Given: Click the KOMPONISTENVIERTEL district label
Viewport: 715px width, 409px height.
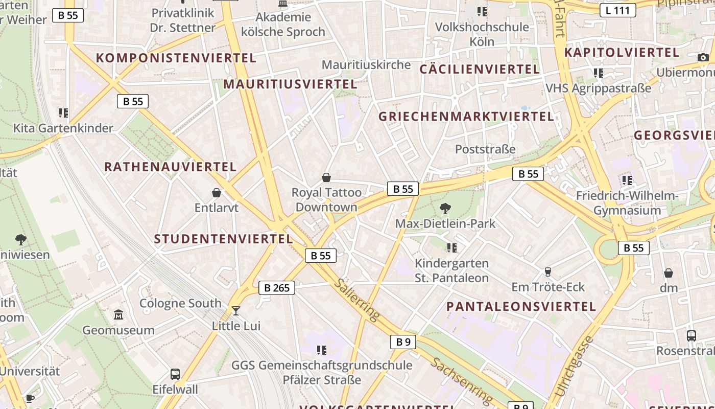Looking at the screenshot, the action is [x=176, y=58].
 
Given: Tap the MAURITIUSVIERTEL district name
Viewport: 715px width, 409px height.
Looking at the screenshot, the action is [x=290, y=84].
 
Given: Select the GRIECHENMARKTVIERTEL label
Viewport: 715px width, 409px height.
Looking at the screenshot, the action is [x=466, y=117].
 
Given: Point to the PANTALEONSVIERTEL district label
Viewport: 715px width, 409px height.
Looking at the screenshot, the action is [x=521, y=307].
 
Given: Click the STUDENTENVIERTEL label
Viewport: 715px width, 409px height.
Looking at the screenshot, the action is [x=224, y=239].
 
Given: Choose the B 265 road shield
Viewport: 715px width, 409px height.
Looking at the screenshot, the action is [x=277, y=288].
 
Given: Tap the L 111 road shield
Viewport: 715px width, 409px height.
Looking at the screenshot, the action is [x=617, y=10].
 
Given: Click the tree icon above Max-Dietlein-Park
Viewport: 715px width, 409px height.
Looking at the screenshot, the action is [x=445, y=208].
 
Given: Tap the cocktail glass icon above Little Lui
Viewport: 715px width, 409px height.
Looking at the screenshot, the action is [x=235, y=310].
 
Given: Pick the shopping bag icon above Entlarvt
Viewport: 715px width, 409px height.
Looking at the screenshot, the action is [x=217, y=193].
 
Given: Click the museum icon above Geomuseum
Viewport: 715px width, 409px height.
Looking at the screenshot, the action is [x=118, y=314].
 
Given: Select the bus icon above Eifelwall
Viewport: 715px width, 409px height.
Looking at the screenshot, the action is [x=175, y=374].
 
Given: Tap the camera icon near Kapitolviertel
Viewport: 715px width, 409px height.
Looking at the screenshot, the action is [x=703, y=57].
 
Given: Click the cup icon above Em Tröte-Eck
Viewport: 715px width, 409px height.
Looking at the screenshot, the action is [x=548, y=271].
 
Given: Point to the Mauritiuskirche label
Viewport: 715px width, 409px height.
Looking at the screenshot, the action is [x=366, y=65].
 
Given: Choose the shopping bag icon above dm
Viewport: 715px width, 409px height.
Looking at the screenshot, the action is [x=668, y=273].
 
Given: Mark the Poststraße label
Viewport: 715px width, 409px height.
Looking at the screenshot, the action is [x=485, y=149].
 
